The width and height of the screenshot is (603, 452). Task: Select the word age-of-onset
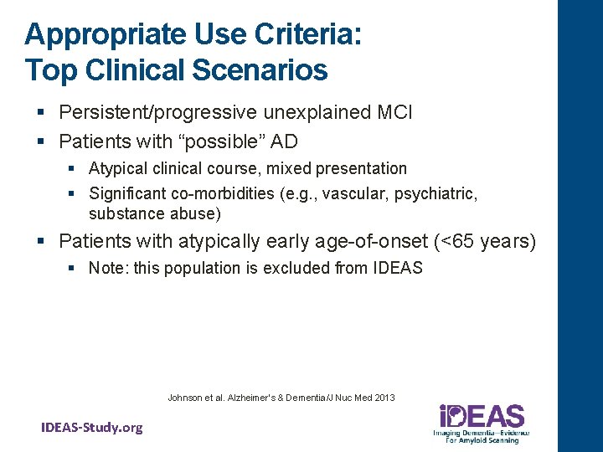point(367,242)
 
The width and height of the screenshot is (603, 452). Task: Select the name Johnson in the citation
point(184,397)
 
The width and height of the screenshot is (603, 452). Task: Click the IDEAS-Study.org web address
point(92,428)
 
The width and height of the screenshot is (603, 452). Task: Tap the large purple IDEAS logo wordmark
point(482,416)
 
